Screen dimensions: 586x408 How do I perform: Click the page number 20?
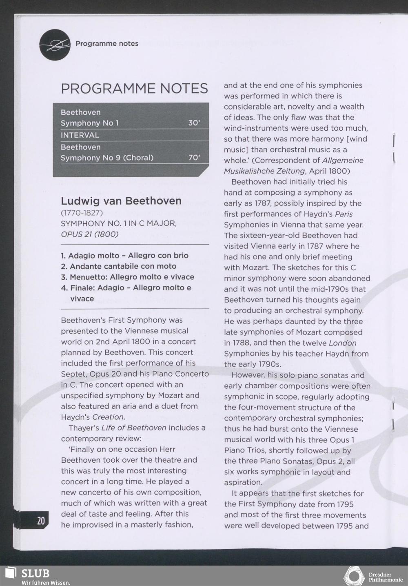(x=41, y=521)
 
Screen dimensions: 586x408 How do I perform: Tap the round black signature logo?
(x=55, y=45)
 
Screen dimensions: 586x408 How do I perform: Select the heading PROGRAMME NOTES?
(x=134, y=89)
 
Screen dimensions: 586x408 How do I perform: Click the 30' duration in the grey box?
(x=194, y=123)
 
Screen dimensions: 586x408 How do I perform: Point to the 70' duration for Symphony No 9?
(x=194, y=158)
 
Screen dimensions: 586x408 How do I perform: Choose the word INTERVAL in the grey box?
(x=80, y=135)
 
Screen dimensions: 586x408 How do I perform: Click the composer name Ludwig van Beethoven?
(x=121, y=201)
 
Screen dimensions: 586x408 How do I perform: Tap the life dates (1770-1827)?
(x=82, y=213)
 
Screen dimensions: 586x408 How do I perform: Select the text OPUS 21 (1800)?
(x=90, y=234)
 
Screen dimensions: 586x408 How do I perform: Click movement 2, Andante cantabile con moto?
(x=119, y=266)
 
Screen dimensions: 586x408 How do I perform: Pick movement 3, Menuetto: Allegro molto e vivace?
(x=127, y=277)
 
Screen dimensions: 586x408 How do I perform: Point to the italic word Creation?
(x=108, y=417)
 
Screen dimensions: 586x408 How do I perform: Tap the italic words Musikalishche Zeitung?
(x=264, y=171)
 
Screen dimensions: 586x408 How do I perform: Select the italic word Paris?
(x=344, y=214)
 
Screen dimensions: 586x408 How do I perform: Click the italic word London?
(x=343, y=343)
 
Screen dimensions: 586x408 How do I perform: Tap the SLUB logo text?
(x=35, y=573)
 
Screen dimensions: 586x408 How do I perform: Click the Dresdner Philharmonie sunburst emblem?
(x=354, y=576)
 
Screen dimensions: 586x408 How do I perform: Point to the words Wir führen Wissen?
(x=46, y=583)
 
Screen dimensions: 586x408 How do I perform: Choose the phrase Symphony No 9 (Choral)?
(x=107, y=158)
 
